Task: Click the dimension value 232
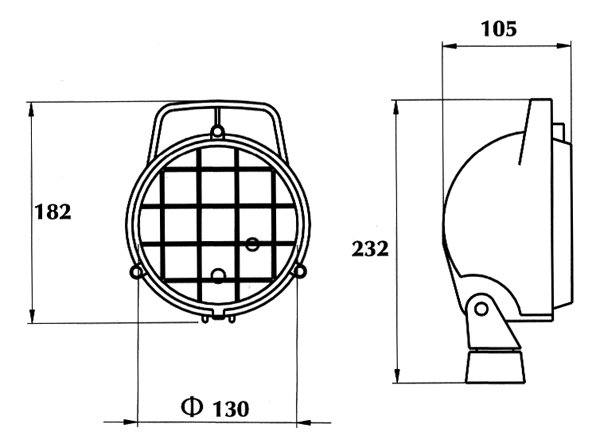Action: pos(370,249)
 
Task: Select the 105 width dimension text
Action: pos(498,29)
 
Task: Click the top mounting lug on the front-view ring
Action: pos(218,129)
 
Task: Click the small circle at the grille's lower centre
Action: pos(218,275)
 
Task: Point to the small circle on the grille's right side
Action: pos(252,243)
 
